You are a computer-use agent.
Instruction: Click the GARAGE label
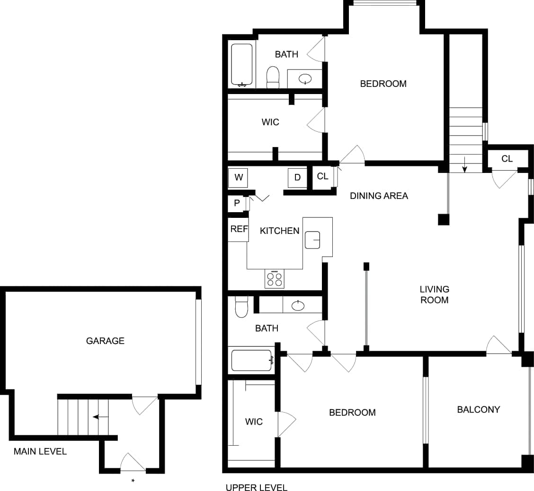click(105, 341)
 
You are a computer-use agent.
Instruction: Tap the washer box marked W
click(238, 178)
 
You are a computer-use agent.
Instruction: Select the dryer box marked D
click(297, 178)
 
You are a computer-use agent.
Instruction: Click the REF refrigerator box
click(239, 229)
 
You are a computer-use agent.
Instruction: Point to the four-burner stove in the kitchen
click(275, 279)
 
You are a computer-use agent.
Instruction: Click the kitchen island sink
click(312, 240)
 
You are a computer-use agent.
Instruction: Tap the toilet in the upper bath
click(273, 78)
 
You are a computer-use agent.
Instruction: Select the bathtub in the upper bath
click(241, 65)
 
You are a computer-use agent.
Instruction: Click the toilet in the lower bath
click(241, 307)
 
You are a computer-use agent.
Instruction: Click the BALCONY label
click(478, 410)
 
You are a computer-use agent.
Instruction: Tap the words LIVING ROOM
click(434, 294)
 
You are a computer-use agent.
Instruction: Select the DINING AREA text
click(379, 196)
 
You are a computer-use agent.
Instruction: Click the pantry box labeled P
click(237, 204)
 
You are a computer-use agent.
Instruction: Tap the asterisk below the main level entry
click(133, 481)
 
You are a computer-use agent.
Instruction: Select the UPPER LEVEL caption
click(256, 488)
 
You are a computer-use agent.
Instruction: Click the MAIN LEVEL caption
click(40, 451)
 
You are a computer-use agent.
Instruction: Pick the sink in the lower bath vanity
click(298, 306)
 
